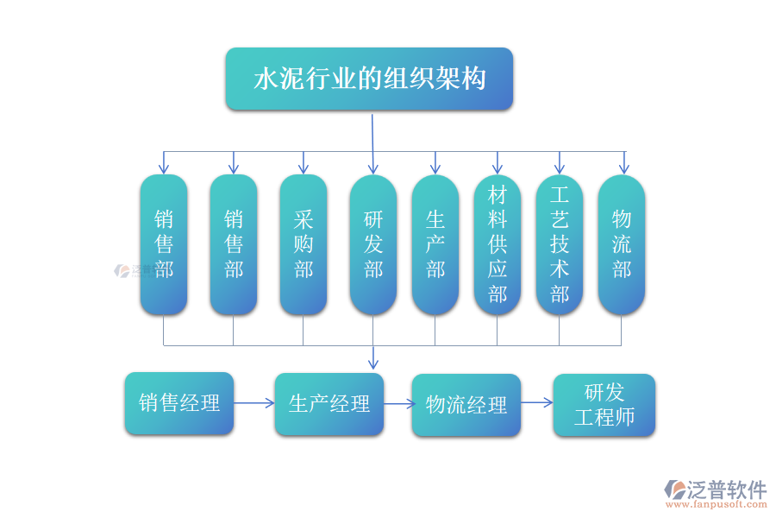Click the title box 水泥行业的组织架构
pyautogui.click(x=369, y=79)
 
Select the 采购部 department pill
pyautogui.click(x=304, y=244)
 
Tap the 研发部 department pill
pyautogui.click(x=373, y=244)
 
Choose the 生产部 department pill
pyautogui.click(x=435, y=244)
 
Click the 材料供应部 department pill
pyautogui.click(x=498, y=244)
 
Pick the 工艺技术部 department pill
pyautogui.click(x=560, y=244)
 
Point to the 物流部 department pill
pyautogui.click(x=622, y=244)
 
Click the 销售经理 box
pyautogui.click(x=179, y=403)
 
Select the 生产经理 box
pyautogui.click(x=329, y=404)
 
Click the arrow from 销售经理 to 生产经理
pyautogui.click(x=254, y=403)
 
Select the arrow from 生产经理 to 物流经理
pyautogui.click(x=397, y=403)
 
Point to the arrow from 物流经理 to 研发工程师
pyautogui.click(x=536, y=403)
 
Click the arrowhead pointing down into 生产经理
pyautogui.click(x=373, y=364)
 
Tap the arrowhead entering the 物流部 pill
pyautogui.click(x=624, y=168)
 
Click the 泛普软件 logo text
pyautogui.click(x=726, y=490)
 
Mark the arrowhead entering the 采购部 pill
pyautogui.click(x=304, y=168)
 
